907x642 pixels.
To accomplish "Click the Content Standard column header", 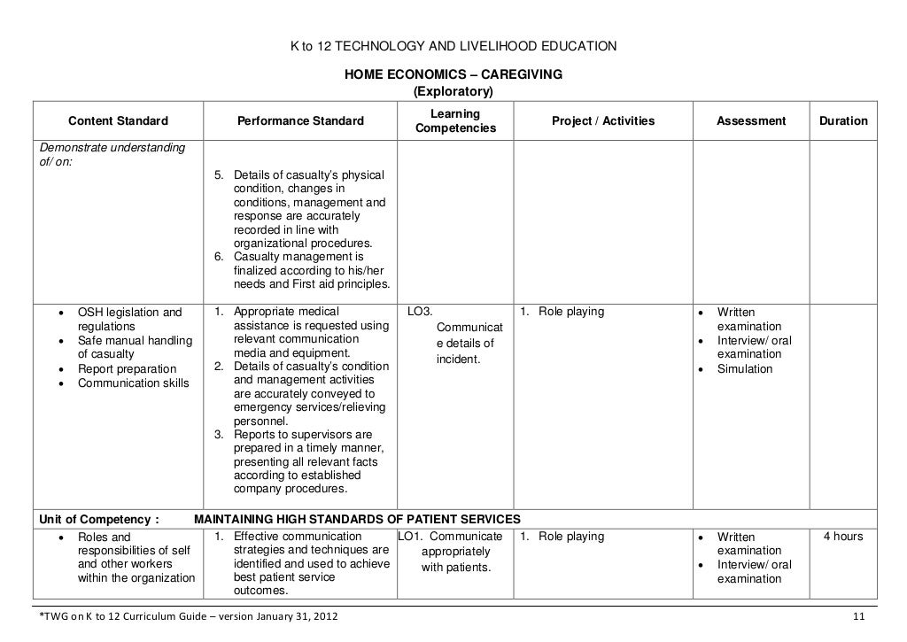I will [x=118, y=121].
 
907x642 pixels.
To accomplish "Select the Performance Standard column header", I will [x=299, y=121].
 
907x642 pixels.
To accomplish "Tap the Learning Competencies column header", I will [x=455, y=122].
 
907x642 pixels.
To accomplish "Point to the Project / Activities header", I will [x=602, y=121].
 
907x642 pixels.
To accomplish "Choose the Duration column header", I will [x=843, y=121].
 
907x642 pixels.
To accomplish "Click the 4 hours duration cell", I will [x=843, y=537].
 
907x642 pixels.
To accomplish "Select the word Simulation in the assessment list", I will [x=744, y=369].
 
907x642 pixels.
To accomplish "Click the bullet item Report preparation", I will [x=127, y=369].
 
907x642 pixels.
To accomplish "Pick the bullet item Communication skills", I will [x=133, y=383].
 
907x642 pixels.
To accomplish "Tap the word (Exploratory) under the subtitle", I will [x=453, y=92].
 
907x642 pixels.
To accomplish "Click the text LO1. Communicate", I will [x=451, y=537].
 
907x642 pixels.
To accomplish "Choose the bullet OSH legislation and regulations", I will [x=129, y=319].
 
